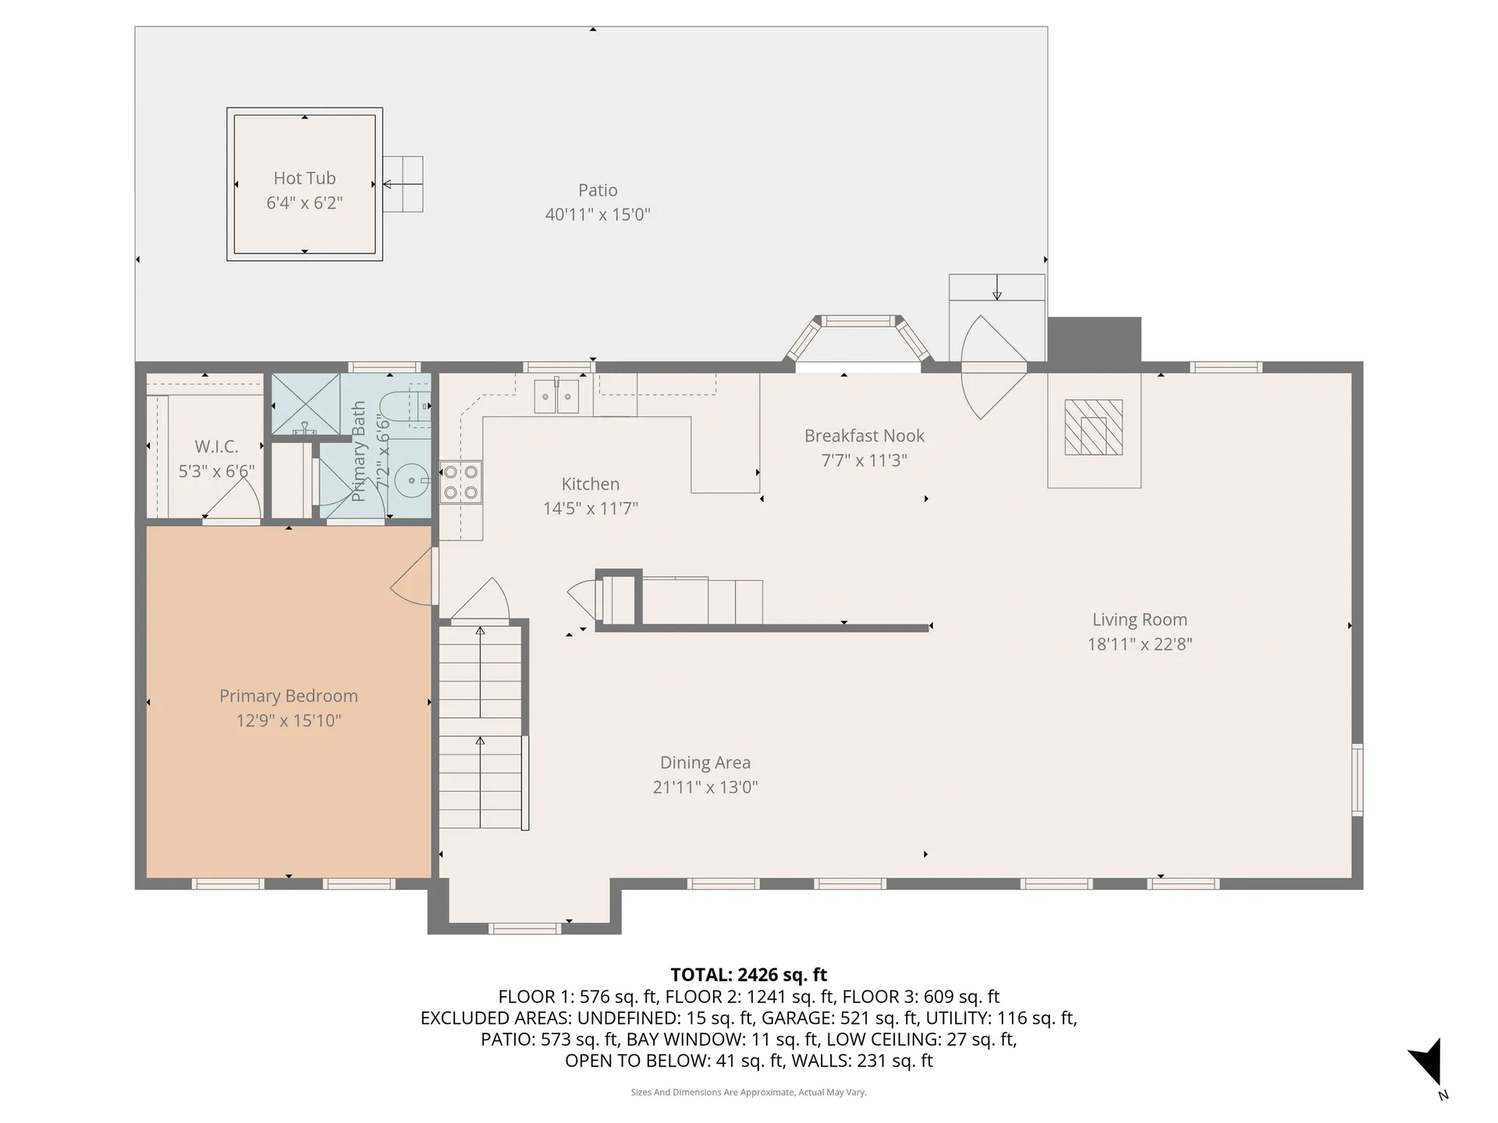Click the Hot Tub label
304,179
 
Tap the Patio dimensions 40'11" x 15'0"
598,214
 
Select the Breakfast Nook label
864,436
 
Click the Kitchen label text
591,484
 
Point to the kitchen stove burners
460,482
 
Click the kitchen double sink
556,396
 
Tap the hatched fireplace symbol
1094,427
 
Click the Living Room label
1140,620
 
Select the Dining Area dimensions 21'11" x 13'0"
705,788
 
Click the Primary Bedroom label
289,696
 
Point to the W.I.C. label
216,447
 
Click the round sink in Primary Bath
411,481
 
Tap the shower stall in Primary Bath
306,404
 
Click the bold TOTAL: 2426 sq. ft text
748,975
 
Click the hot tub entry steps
403,184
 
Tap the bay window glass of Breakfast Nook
858,321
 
